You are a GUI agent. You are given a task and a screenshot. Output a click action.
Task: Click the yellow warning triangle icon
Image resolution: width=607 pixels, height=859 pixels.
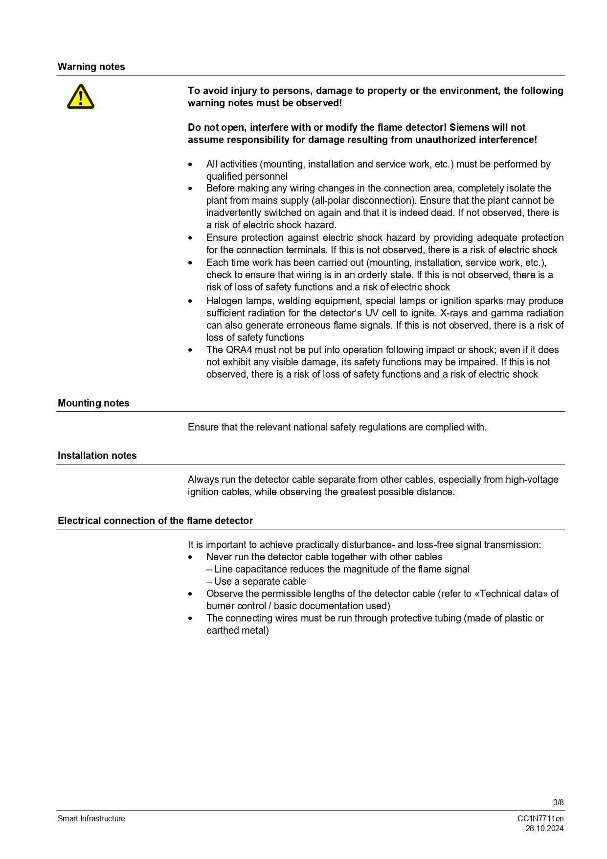[x=81, y=96]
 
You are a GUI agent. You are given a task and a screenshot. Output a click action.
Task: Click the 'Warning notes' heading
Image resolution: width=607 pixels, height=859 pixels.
[x=91, y=67]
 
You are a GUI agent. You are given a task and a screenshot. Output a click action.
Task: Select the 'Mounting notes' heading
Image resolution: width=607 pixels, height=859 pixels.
[x=93, y=403]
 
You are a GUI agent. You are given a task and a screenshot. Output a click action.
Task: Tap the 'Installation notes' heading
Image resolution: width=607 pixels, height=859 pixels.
[x=97, y=455]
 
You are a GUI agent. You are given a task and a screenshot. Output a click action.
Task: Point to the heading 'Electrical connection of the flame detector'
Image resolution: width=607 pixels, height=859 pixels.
[x=156, y=521]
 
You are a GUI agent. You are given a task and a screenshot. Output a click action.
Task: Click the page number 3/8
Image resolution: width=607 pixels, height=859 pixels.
[x=558, y=802]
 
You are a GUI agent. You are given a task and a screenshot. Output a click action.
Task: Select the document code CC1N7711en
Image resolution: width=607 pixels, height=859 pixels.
[x=540, y=818]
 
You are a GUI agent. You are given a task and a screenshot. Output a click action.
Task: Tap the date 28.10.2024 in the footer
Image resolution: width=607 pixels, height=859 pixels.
[x=544, y=828]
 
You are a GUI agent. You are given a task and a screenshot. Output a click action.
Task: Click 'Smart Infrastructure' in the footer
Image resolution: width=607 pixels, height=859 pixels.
[x=91, y=818]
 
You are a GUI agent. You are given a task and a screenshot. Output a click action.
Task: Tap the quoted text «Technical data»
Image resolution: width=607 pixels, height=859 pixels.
[x=514, y=594]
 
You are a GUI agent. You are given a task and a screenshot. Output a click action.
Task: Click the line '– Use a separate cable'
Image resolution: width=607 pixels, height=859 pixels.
[x=256, y=581]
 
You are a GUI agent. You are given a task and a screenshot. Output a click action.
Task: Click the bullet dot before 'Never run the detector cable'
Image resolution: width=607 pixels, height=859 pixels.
[x=190, y=557]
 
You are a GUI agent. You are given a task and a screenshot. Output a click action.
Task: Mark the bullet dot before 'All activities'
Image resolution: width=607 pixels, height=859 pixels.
[x=190, y=165]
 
